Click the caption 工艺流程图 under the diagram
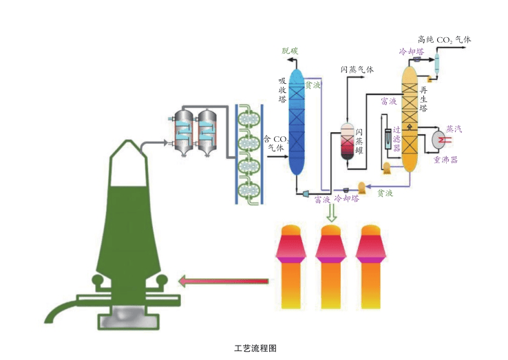(x=255, y=348)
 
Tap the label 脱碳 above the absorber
(x=290, y=51)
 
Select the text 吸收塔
(x=282, y=89)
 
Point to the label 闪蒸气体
(x=357, y=70)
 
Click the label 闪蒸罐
(x=359, y=143)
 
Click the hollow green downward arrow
(x=332, y=213)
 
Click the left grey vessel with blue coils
(x=184, y=131)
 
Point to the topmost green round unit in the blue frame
(x=248, y=118)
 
